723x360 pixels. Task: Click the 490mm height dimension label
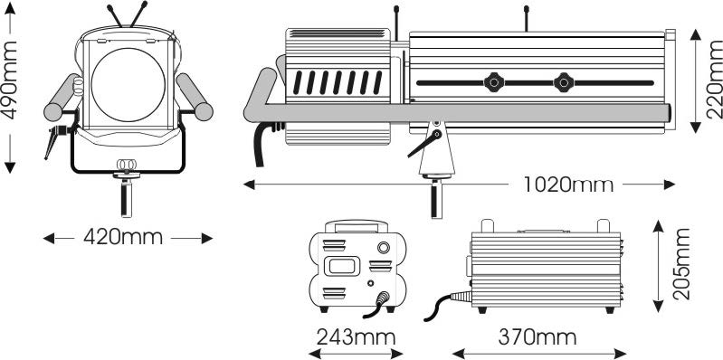[x=9, y=81]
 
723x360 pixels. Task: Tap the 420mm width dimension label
[x=123, y=238]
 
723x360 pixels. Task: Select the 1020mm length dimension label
[x=568, y=185]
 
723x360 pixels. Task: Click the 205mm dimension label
[x=681, y=264]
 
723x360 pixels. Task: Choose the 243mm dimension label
[x=356, y=337]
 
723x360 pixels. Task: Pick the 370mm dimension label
[x=537, y=337]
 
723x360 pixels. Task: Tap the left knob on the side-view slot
[x=494, y=82]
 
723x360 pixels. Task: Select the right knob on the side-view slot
[x=564, y=82]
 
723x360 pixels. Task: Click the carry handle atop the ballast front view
[x=357, y=225]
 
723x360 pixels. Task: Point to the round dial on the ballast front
[x=383, y=248]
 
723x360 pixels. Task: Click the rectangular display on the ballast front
[x=341, y=266]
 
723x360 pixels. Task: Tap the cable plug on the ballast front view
[x=382, y=299]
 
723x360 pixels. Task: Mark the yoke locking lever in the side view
[x=424, y=143]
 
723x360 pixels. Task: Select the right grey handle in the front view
[x=195, y=98]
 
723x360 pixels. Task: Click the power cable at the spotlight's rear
[x=262, y=142]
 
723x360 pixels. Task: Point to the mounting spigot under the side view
[x=436, y=199]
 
